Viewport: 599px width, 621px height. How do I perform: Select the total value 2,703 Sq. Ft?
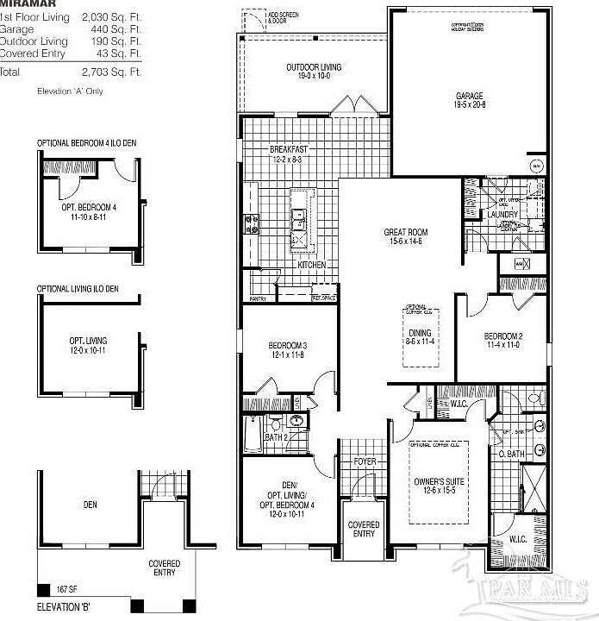click(x=111, y=72)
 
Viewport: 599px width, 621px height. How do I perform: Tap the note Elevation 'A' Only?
click(x=70, y=91)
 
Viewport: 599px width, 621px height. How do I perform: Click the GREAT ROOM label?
click(x=405, y=232)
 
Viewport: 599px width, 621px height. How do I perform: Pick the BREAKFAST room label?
click(x=289, y=149)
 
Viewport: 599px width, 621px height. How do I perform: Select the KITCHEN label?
click(x=311, y=265)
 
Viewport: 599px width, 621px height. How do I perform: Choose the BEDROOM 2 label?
click(x=503, y=336)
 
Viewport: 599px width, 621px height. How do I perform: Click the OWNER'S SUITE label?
click(x=440, y=481)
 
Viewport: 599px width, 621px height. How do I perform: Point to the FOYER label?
click(x=365, y=462)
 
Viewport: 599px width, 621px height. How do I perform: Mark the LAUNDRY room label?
click(x=503, y=215)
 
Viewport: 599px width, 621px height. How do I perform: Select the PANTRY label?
click(x=257, y=298)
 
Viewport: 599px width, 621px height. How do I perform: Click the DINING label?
click(x=420, y=332)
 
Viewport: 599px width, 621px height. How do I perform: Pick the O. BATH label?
click(x=512, y=454)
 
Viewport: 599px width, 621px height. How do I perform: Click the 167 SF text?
click(x=57, y=591)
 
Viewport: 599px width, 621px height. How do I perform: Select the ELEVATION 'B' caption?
click(x=64, y=607)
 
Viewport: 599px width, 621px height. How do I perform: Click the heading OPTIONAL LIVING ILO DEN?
click(x=78, y=288)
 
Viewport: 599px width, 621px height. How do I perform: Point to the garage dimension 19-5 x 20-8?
click(x=471, y=104)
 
